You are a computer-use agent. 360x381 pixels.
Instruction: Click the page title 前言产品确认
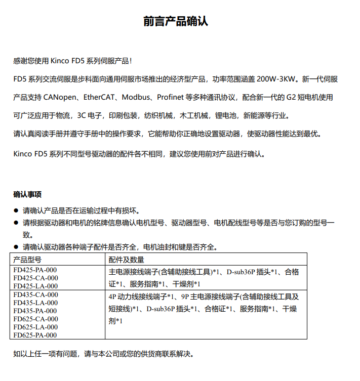click(x=175, y=22)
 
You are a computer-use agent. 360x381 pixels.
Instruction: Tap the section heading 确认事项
click(x=27, y=194)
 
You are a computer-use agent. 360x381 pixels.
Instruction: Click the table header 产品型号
click(x=27, y=260)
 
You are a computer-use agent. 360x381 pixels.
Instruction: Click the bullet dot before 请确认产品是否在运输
click(x=16, y=210)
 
